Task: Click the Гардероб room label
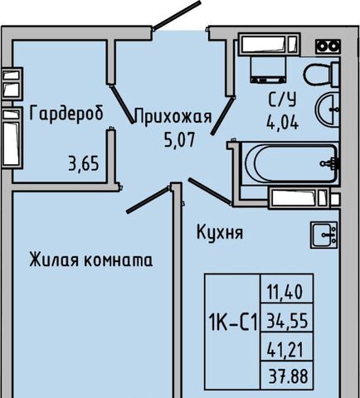[x=66, y=113]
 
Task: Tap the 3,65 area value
[x=84, y=163]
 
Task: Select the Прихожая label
[x=173, y=116]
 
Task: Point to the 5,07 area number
[x=180, y=139]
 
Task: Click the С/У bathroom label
[x=282, y=99]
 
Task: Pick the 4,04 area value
[x=283, y=122]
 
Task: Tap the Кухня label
[x=220, y=232]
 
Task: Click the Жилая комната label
[x=91, y=260]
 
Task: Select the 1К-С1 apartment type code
[x=233, y=322]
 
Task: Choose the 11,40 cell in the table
[x=285, y=292]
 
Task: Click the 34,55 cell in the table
[x=287, y=321]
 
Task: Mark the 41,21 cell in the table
[x=285, y=349]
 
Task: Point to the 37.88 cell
[x=289, y=376]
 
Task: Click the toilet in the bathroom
[x=321, y=75]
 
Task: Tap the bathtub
[x=290, y=163]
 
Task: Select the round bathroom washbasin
[x=328, y=109]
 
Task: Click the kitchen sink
[x=324, y=235]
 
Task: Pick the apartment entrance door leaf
[x=177, y=15]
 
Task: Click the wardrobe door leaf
[x=122, y=104]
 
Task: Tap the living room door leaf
[x=148, y=200]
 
